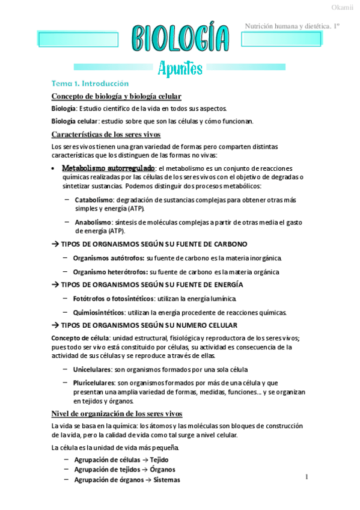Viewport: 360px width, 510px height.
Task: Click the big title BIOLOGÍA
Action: pyautogui.click(x=180, y=40)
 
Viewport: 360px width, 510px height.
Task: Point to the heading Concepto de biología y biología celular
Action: pyautogui.click(x=117, y=96)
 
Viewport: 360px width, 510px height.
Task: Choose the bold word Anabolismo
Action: pyautogui.click(x=92, y=221)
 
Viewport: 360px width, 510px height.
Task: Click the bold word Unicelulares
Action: pyautogui.click(x=93, y=369)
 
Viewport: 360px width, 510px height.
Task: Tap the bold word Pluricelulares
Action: pyautogui.click(x=94, y=382)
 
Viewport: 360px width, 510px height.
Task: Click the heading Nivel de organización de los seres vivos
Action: pyautogui.click(x=117, y=414)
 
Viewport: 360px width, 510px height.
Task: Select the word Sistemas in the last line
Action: pyautogui.click(x=166, y=480)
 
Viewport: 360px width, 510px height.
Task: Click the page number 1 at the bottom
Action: pyautogui.click(x=307, y=477)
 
